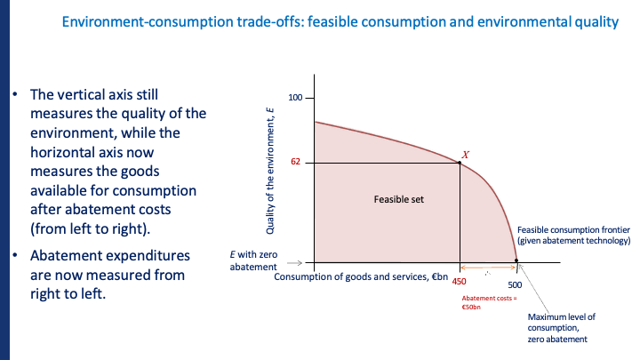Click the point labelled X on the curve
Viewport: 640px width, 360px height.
coord(460,162)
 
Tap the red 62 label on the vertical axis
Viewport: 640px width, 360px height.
coord(296,162)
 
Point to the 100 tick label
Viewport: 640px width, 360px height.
coord(296,97)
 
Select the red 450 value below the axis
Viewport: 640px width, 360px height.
coord(460,280)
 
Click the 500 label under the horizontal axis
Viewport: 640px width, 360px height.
coord(516,284)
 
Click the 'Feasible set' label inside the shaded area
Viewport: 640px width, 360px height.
coord(399,199)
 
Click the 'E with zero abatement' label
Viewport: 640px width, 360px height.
coord(255,260)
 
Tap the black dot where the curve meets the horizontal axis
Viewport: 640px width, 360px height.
coord(516,262)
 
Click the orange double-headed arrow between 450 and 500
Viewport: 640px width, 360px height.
coord(487,268)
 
